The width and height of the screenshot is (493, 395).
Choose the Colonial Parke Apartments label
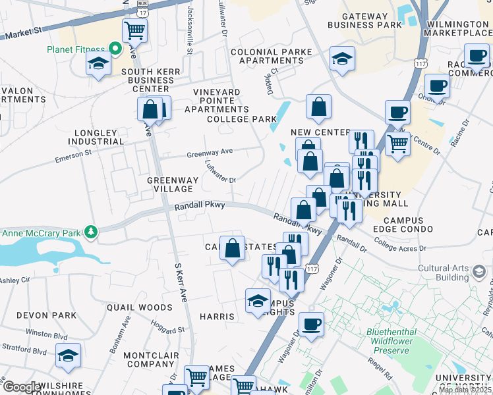(267, 56)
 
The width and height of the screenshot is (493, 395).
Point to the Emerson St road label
(73, 155)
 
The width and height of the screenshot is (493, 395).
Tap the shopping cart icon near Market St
(134, 29)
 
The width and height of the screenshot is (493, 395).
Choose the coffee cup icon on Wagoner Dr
(311, 324)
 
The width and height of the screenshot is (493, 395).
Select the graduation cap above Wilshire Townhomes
(68, 355)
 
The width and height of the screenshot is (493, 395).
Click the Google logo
(21, 387)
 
